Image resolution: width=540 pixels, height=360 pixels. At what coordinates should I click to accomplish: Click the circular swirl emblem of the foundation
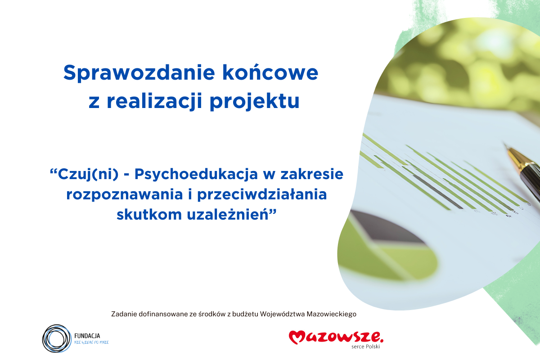tap(57, 338)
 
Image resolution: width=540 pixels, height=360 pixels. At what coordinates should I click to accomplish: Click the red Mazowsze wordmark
tap(336, 337)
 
